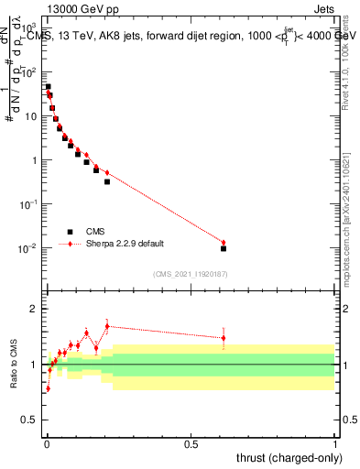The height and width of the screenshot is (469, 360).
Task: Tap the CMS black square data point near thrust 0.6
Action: [x=224, y=248]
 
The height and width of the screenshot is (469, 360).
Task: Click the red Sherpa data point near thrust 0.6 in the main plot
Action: [x=224, y=243]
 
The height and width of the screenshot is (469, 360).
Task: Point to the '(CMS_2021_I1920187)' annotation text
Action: [x=190, y=274]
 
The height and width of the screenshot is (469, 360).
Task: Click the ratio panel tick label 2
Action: [x=36, y=309]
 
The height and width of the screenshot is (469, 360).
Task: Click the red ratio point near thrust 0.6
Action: [x=224, y=338]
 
